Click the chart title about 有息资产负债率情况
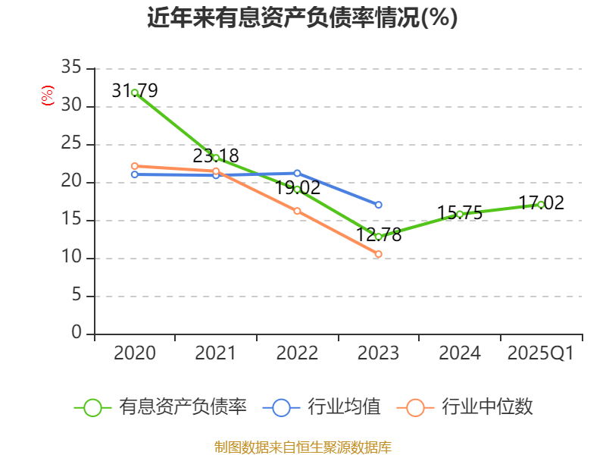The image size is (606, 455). [x=302, y=17]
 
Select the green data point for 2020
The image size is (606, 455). [x=135, y=93]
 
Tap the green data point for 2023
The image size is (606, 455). [x=378, y=237]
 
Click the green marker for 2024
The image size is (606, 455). [x=459, y=214]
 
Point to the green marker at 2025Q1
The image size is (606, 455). [x=540, y=204]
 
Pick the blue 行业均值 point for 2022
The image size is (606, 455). [x=297, y=173]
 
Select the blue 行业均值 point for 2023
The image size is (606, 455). [x=378, y=205]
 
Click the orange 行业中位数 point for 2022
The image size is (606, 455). [x=297, y=211]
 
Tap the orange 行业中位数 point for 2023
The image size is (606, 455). [x=378, y=254]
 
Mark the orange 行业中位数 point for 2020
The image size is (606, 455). [x=135, y=166]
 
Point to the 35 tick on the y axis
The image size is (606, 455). [x=71, y=68]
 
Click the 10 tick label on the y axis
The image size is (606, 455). [x=71, y=258]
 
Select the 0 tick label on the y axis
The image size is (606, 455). [x=77, y=334]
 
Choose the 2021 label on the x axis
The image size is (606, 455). [x=216, y=353]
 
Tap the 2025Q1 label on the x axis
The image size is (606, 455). [x=540, y=353]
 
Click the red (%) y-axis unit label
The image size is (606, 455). [x=47, y=96]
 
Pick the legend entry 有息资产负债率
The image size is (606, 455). [x=161, y=407]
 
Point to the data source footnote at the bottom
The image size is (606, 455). [x=302, y=447]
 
